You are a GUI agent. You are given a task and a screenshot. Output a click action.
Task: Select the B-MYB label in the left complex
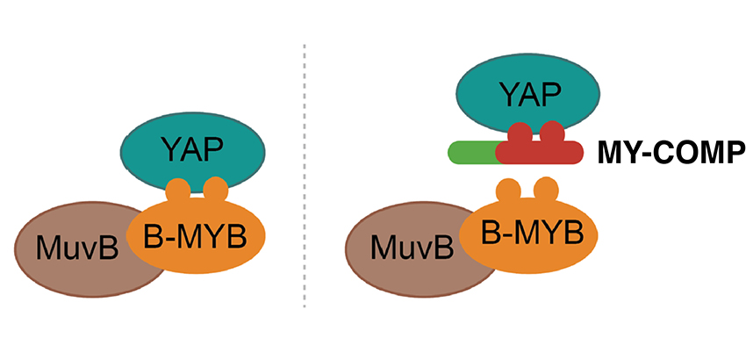click(x=197, y=234)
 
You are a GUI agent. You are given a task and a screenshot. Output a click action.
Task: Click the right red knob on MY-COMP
click(x=553, y=133)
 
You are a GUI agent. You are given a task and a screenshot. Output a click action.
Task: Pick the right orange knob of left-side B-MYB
click(x=214, y=190)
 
